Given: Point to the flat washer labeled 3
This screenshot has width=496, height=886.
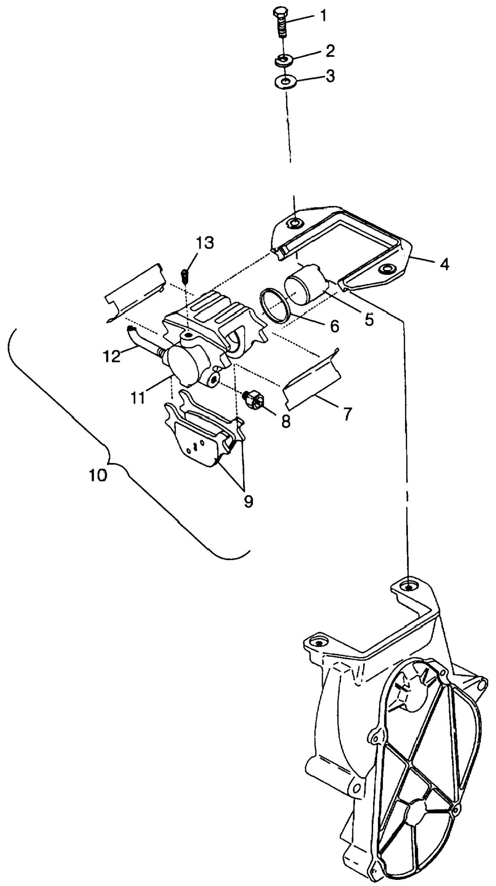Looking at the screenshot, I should tap(286, 82).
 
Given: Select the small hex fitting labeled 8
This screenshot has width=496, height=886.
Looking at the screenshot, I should tap(254, 398).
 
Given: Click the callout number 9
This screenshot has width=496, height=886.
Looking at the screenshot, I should tap(248, 501).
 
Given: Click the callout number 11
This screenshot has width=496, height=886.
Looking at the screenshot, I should tap(138, 398).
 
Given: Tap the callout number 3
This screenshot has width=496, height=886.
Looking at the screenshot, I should tap(330, 76).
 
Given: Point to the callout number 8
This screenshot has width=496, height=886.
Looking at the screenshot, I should tap(286, 422).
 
